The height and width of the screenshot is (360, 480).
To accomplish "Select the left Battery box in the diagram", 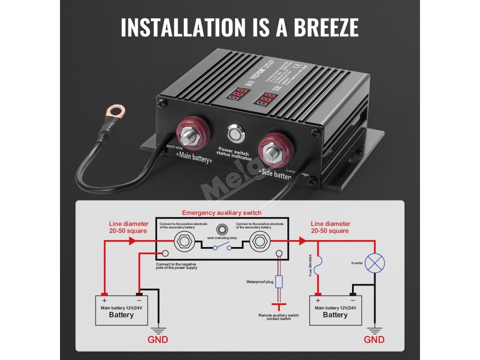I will pos(121,310).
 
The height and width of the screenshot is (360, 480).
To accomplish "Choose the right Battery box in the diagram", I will pos(335,310).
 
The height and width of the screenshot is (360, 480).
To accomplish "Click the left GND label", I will pos(158,339).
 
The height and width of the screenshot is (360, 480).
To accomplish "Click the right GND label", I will pos(374,339).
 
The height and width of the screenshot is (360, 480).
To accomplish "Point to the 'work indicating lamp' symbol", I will pos(222,229).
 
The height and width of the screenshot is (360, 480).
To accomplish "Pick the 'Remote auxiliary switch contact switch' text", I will pos(278,317).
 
